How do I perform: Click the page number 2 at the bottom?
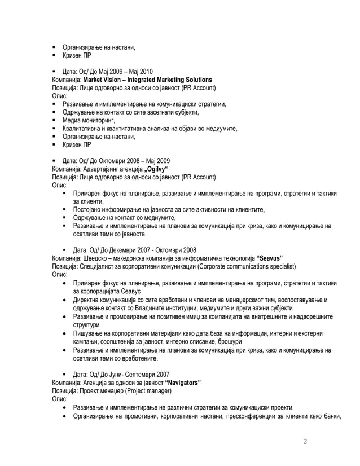coord(305,441)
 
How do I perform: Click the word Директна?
coord(86,300)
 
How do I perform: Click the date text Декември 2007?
coord(122,249)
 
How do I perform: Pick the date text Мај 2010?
coord(141,71)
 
